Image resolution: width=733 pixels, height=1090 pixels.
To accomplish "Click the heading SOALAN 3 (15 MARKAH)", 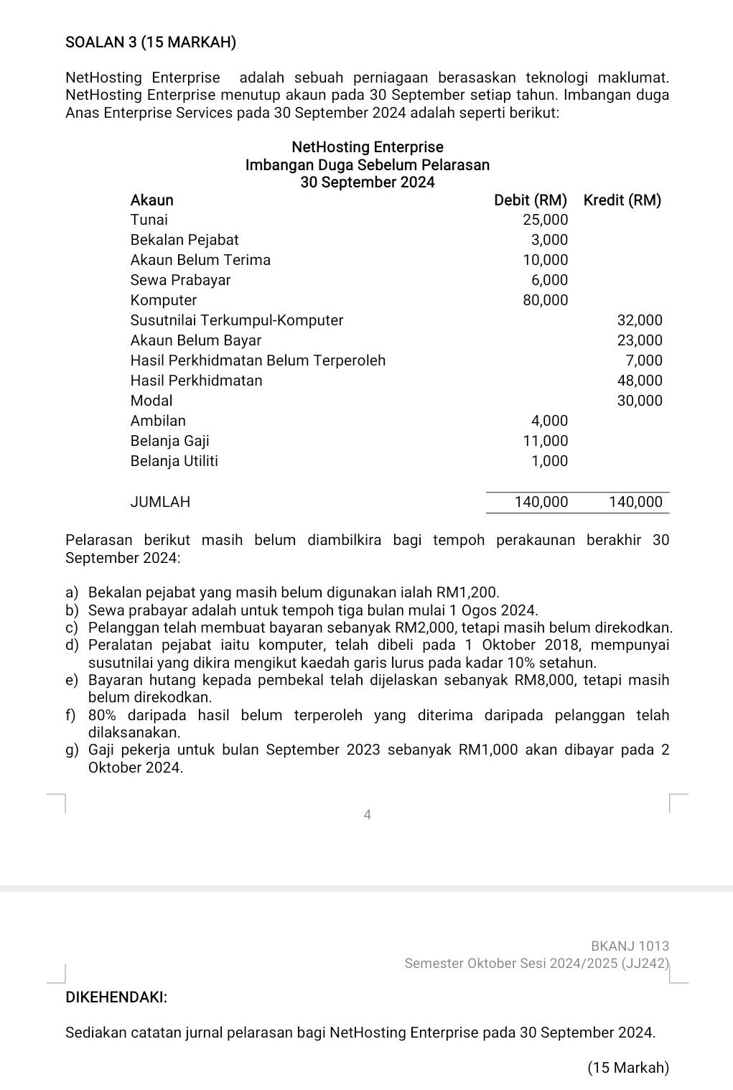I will pyautogui.click(x=151, y=42).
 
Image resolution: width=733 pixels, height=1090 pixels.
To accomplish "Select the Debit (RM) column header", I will pyautogui.click(x=531, y=200).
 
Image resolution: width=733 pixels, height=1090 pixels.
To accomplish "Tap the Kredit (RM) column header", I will pyautogui.click(x=622, y=200).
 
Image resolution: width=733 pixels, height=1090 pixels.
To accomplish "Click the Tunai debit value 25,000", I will pyautogui.click(x=545, y=220).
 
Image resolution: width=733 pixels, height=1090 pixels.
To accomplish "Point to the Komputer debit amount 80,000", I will pyautogui.click(x=545, y=300).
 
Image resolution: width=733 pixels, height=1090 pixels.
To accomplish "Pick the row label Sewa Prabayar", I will pyautogui.click(x=180, y=280).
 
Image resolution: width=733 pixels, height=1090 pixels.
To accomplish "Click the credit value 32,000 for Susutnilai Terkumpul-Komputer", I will pyautogui.click(x=640, y=320).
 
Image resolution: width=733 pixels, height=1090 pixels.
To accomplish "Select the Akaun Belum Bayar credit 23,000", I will pyautogui.click(x=640, y=340).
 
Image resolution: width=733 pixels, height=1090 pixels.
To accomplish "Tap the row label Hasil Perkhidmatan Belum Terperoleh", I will pyautogui.click(x=258, y=360).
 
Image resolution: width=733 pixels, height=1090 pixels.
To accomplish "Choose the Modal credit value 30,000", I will pyautogui.click(x=640, y=401).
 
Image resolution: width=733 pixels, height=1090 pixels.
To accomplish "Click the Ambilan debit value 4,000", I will pyautogui.click(x=549, y=421).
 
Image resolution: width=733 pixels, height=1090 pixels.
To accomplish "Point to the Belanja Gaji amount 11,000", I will pyautogui.click(x=545, y=441).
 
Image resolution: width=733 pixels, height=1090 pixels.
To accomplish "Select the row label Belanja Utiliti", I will pyautogui.click(x=174, y=461).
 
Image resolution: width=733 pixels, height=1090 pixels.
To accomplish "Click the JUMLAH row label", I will pyautogui.click(x=160, y=502).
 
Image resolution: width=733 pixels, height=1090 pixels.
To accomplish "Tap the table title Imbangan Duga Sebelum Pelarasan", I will pyautogui.click(x=367, y=165).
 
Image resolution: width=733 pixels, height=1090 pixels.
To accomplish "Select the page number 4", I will pyautogui.click(x=367, y=815).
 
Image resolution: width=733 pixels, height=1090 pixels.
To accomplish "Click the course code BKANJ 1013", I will pyautogui.click(x=630, y=946).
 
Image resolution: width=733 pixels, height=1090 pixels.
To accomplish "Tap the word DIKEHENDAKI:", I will pyautogui.click(x=116, y=997).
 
